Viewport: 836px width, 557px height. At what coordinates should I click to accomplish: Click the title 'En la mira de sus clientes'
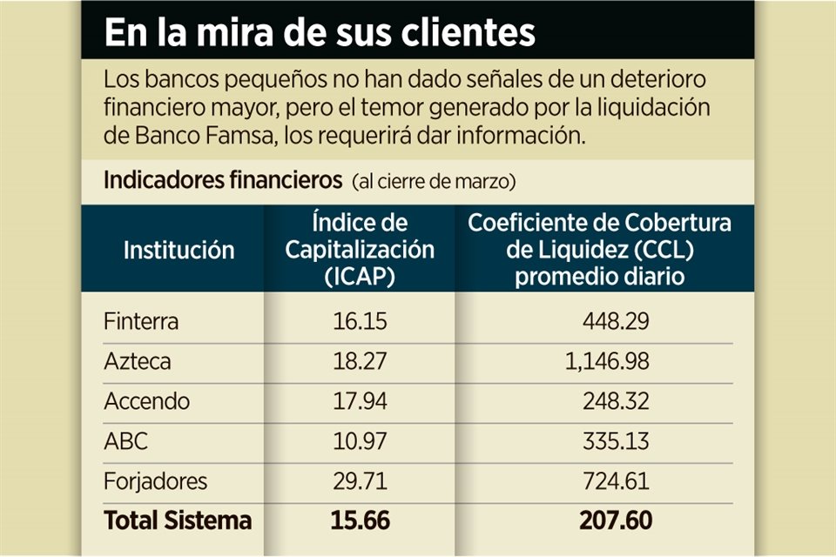click(319, 32)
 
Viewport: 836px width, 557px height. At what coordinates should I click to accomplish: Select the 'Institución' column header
click(179, 251)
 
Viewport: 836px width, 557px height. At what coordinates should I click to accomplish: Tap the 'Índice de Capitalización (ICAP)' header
click(360, 250)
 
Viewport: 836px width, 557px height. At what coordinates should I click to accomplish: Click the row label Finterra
click(141, 321)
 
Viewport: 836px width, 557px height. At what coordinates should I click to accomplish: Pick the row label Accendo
click(146, 401)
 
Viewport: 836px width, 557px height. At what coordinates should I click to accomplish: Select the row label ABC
click(126, 441)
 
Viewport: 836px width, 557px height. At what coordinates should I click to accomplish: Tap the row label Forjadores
click(156, 481)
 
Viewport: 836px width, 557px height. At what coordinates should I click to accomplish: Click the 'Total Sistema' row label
click(178, 520)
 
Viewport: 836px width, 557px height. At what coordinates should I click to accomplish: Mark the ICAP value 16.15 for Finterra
click(360, 321)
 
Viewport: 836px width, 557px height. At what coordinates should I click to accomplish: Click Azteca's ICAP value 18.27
click(360, 361)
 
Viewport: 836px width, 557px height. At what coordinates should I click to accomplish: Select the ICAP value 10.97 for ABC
click(360, 441)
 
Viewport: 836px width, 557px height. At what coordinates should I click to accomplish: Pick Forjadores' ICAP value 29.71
click(360, 481)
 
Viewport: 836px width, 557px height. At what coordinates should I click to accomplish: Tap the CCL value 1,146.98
click(600, 361)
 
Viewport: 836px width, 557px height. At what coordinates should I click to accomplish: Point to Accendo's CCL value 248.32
click(617, 401)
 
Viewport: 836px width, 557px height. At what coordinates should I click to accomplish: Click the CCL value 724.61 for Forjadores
click(617, 481)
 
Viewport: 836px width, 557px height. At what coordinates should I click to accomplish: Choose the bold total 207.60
click(616, 520)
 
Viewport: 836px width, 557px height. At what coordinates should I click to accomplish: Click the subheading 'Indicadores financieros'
click(223, 181)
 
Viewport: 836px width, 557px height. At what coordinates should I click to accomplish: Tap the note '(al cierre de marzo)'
click(435, 182)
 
